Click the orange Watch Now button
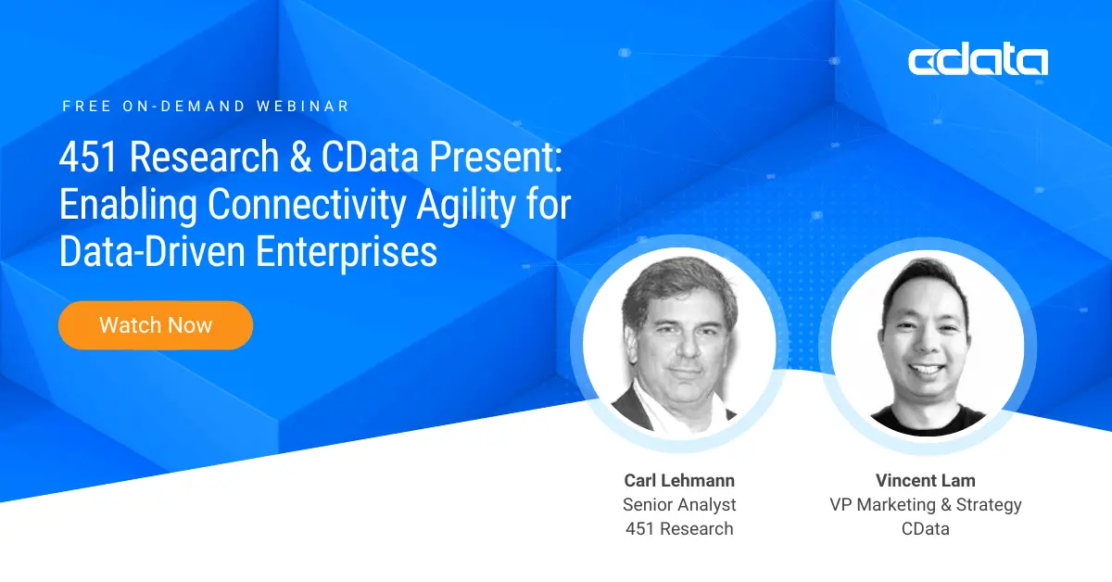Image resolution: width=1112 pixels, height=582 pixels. pos(156,325)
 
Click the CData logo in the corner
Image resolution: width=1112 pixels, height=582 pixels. pos(978,61)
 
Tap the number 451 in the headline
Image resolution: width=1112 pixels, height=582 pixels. pos(89,158)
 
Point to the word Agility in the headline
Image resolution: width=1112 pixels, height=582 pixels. pos(462,205)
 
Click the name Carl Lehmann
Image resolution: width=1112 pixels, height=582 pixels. pos(679,480)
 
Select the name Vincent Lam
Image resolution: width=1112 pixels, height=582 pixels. pos(925,480)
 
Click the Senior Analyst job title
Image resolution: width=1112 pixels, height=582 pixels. pos(679,505)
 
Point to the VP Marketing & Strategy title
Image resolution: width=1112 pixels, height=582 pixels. pos(925,505)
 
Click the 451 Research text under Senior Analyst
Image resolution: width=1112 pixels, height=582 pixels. pos(679,529)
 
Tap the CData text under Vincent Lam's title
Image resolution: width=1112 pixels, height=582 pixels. pos(925,529)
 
